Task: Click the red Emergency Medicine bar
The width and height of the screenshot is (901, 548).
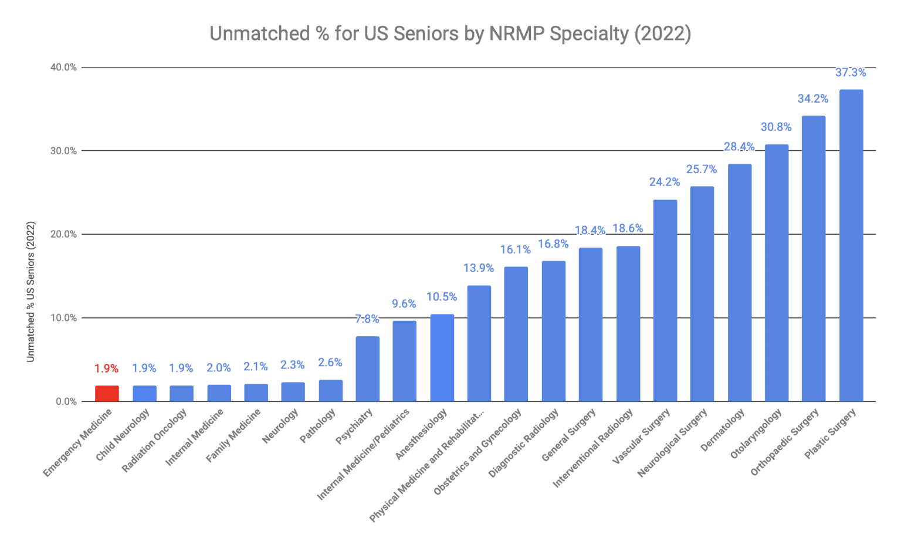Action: (107, 394)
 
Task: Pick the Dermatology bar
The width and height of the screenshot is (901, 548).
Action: (739, 283)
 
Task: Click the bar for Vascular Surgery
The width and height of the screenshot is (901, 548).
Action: (665, 300)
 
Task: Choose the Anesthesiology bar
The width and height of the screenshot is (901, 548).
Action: (442, 358)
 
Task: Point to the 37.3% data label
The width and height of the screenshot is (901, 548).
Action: (851, 73)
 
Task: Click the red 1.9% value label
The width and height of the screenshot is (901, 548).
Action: (107, 368)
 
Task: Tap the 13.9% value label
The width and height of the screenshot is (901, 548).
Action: (479, 268)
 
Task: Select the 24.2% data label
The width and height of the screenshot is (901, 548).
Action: (665, 182)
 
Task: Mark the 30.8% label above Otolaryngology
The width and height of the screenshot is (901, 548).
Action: (776, 127)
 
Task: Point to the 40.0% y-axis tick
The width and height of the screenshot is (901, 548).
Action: (63, 67)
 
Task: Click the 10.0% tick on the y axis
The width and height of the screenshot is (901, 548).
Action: (63, 318)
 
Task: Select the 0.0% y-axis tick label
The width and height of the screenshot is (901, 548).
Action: (66, 402)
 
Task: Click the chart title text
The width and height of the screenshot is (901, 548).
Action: (450, 33)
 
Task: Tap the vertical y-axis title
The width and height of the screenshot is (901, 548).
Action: (31, 292)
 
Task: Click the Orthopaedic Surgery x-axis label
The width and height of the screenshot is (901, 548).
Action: (785, 442)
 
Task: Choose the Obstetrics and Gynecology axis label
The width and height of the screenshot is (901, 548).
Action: (478, 452)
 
